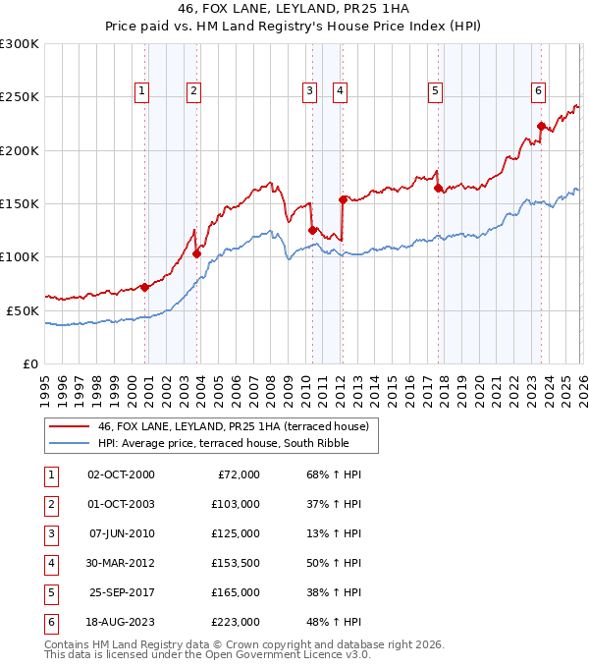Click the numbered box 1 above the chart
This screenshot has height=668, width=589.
tap(142, 91)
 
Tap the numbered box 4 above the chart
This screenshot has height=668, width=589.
tap(340, 91)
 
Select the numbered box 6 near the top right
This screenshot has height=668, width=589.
tap(539, 91)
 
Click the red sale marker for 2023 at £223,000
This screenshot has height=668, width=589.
tap(541, 126)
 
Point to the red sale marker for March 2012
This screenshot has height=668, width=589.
tap(343, 199)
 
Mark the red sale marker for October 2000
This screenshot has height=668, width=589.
tap(144, 287)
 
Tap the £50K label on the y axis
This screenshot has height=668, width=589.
tap(23, 310)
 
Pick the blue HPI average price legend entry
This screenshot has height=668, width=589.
tap(225, 443)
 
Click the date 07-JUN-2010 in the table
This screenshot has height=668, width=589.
tap(121, 533)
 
